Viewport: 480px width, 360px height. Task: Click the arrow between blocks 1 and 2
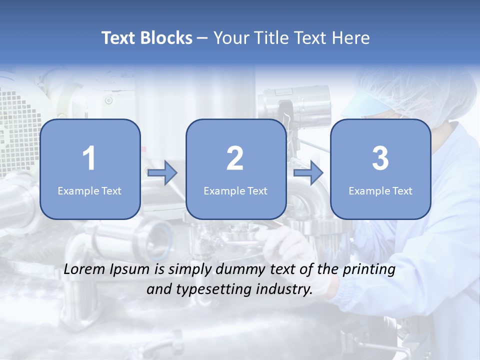pos(162,173)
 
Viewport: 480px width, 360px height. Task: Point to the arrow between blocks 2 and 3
pos(308,173)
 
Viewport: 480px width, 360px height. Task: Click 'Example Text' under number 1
pos(89,190)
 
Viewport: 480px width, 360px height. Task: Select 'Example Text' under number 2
pos(235,190)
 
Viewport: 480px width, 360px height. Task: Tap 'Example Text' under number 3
pos(380,190)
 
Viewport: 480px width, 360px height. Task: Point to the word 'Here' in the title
pos(352,37)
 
